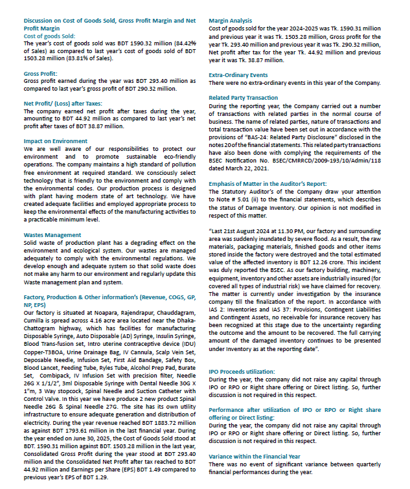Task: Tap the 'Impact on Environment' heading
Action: coord(47,141)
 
